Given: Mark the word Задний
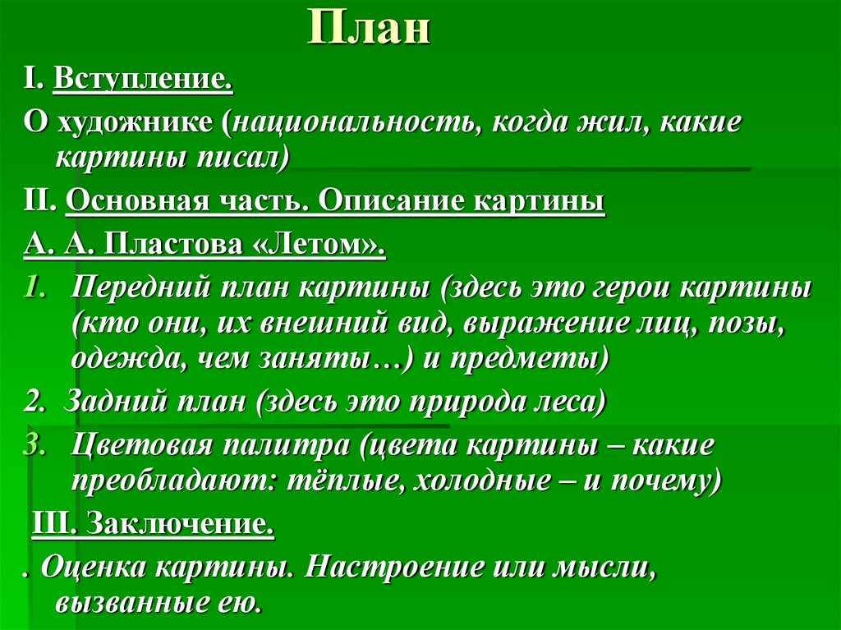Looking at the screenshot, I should [99, 403].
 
